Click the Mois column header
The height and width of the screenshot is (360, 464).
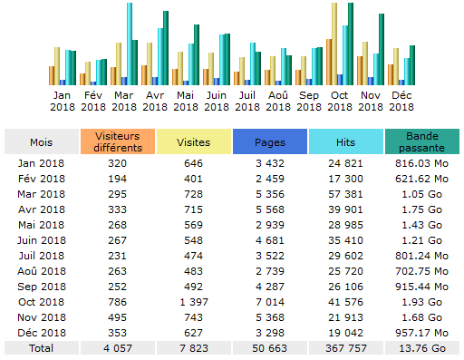(x=41, y=141)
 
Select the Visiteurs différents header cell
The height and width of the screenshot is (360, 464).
(x=117, y=141)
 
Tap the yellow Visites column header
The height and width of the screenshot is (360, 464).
(x=192, y=141)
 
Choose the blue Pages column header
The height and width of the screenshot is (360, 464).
(x=269, y=141)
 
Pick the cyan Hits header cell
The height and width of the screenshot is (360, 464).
(x=344, y=141)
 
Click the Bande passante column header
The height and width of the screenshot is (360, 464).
(x=421, y=141)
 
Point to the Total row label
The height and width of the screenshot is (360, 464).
(x=41, y=346)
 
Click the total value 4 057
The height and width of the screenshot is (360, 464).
(x=117, y=346)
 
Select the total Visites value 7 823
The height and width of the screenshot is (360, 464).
(x=192, y=346)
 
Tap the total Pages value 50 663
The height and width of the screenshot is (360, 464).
(x=269, y=346)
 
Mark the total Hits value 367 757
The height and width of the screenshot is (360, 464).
(x=344, y=346)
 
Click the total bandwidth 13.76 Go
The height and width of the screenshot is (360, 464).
(x=421, y=346)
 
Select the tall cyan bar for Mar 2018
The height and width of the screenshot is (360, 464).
(x=129, y=44)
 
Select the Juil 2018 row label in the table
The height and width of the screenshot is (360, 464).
(x=41, y=256)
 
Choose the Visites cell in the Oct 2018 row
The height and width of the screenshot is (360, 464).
(x=192, y=301)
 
